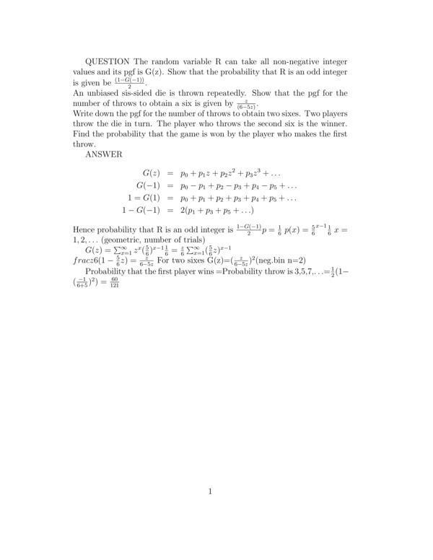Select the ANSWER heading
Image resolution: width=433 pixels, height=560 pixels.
coord(104,154)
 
